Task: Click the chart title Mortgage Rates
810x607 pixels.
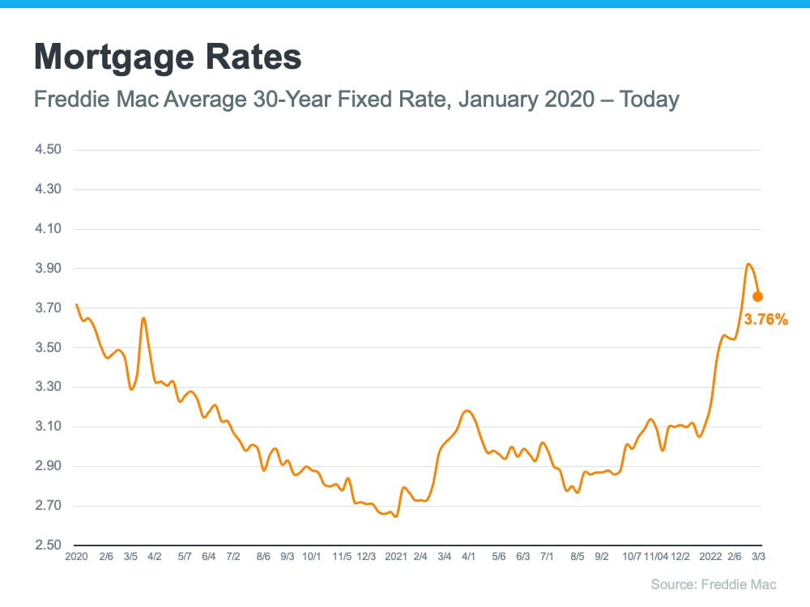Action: (x=168, y=58)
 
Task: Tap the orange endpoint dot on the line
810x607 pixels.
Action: (x=757, y=296)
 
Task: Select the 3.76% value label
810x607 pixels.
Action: (x=765, y=320)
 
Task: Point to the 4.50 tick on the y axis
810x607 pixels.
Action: (x=49, y=151)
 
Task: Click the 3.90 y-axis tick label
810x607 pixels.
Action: (x=49, y=269)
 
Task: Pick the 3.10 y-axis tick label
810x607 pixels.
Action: (x=49, y=427)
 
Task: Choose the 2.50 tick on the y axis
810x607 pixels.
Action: (x=49, y=545)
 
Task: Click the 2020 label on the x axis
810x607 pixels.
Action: (x=76, y=558)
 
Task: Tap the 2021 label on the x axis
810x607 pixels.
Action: (x=396, y=558)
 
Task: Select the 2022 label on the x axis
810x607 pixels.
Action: (x=710, y=558)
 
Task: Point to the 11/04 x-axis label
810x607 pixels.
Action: (x=656, y=558)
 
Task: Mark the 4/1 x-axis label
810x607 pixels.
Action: (x=469, y=558)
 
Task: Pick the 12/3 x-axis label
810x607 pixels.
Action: (x=367, y=558)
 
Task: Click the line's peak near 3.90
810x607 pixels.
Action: (x=748, y=264)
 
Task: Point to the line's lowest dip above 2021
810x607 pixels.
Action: (x=395, y=516)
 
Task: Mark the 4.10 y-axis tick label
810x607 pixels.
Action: (x=49, y=229)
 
